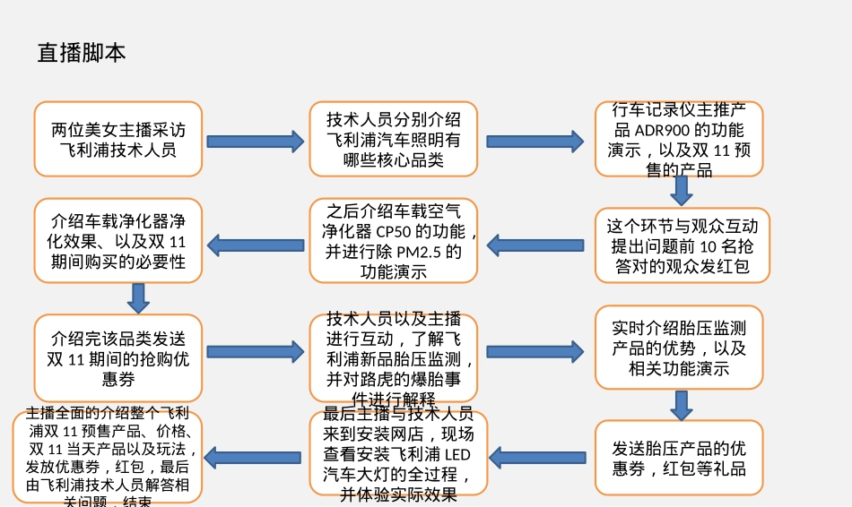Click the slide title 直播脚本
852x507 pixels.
coord(82,53)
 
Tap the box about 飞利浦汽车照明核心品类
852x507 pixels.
coord(393,139)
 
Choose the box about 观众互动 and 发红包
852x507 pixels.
coord(682,245)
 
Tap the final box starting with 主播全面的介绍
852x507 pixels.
coord(107,457)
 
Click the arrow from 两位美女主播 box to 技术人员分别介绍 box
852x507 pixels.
coord(256,142)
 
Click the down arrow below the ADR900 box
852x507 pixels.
coord(682,191)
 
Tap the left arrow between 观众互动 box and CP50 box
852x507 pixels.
coord(535,245)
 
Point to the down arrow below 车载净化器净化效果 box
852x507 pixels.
coord(138,298)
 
